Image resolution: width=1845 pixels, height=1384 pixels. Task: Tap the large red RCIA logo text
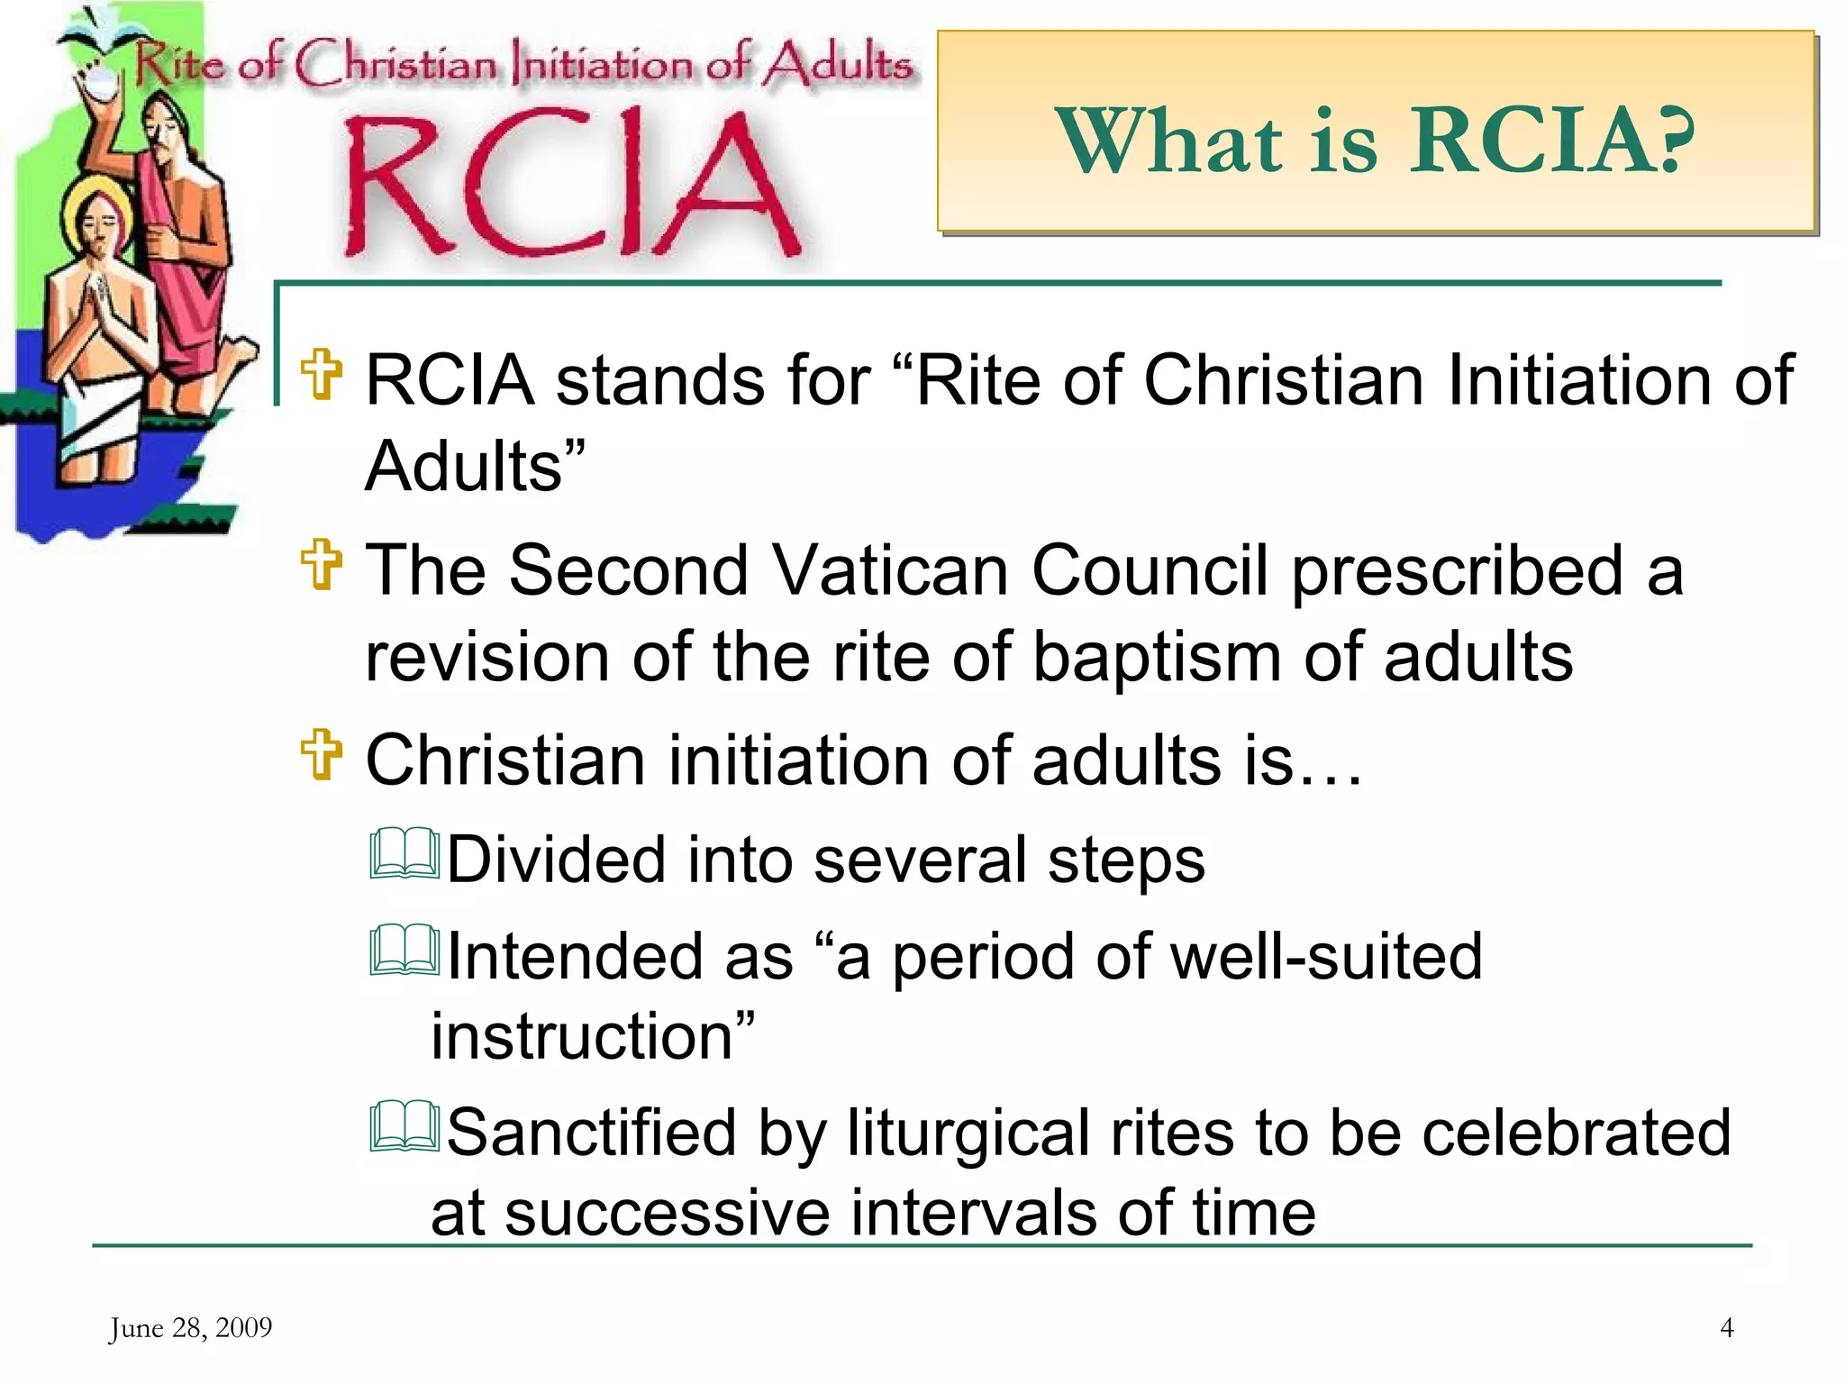click(569, 185)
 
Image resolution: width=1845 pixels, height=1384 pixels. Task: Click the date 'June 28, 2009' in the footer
click(190, 1327)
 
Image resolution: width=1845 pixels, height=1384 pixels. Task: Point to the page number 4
click(1726, 1327)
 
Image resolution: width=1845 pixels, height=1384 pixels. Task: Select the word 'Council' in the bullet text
click(1149, 570)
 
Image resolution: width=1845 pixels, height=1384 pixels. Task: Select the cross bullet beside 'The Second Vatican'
click(322, 565)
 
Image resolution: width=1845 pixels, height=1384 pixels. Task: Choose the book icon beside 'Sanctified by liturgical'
click(404, 1127)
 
